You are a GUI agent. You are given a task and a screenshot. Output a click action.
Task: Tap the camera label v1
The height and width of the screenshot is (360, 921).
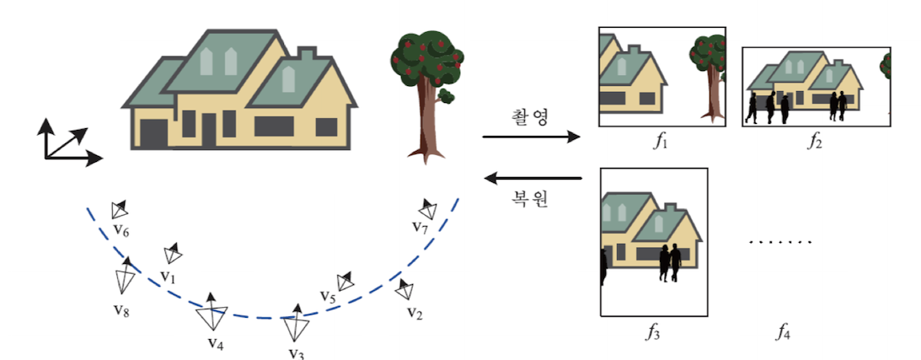(x=168, y=276)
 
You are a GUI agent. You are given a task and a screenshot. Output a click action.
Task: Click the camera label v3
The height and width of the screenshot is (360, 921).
(x=296, y=352)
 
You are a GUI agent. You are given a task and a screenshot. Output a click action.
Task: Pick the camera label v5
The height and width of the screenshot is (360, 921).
(x=328, y=297)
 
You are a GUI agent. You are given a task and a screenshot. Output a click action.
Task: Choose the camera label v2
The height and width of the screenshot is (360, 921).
(x=414, y=314)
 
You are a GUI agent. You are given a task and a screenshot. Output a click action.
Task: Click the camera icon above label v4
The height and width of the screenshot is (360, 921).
(x=211, y=314)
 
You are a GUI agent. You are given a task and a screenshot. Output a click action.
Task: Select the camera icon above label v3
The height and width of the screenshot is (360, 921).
(x=295, y=323)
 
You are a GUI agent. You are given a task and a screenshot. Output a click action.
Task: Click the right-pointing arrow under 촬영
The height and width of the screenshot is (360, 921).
(x=532, y=137)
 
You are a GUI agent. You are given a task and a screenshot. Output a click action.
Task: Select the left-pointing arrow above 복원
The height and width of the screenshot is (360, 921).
(x=532, y=178)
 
